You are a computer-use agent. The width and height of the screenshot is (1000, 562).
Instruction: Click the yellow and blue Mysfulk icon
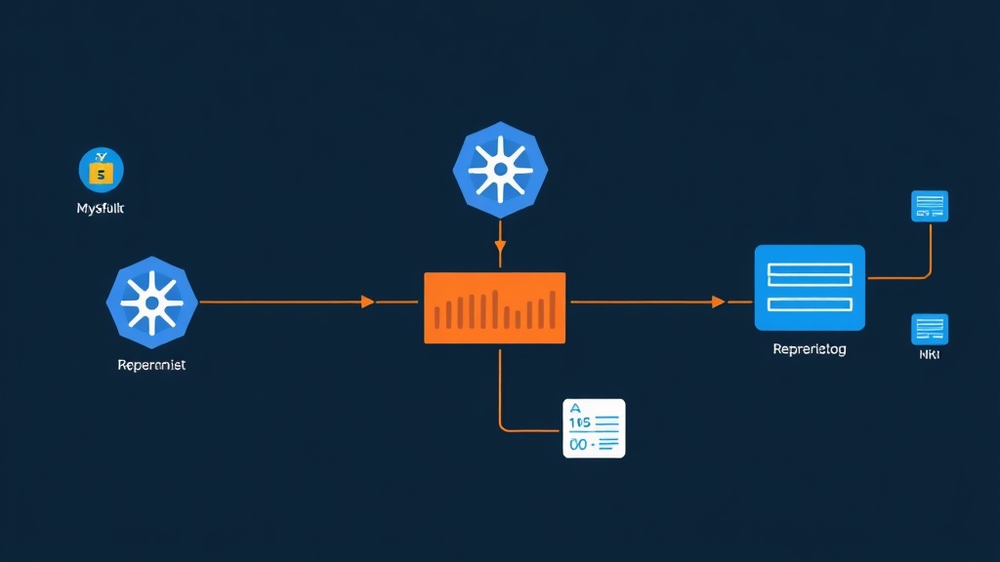pos(101,170)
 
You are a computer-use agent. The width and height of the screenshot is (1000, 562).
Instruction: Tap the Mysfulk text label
pos(101,209)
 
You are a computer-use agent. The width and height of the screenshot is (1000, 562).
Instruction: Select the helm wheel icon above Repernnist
pos(151,302)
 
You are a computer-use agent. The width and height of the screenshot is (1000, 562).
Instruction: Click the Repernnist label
pos(150,365)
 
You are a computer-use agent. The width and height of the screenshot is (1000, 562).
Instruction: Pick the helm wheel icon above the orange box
pos(499,169)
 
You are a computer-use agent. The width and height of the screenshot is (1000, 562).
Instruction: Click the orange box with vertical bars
pos(494,307)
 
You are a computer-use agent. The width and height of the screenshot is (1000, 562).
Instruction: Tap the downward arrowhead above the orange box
pos(499,260)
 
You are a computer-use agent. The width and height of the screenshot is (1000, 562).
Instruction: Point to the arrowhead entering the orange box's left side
pos(368,302)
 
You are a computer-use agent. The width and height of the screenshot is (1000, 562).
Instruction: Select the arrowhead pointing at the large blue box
pos(719,302)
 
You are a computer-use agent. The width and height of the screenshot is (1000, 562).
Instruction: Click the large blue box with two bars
pos(810,288)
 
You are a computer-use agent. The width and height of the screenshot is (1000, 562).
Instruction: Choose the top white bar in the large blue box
pos(810,272)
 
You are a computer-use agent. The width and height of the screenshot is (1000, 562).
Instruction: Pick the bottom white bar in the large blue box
pos(810,303)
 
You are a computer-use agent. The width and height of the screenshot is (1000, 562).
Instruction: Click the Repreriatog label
pos(809,349)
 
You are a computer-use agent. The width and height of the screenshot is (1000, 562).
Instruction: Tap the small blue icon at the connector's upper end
pos(929,206)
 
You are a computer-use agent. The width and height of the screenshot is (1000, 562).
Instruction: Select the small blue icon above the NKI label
pos(929,329)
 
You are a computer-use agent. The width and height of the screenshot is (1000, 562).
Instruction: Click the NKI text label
pos(929,357)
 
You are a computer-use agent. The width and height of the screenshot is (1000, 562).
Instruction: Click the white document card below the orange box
pos(594,428)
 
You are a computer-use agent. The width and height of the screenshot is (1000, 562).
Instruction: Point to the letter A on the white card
pos(574,409)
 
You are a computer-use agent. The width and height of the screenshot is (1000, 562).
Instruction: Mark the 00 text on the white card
pos(578,444)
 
